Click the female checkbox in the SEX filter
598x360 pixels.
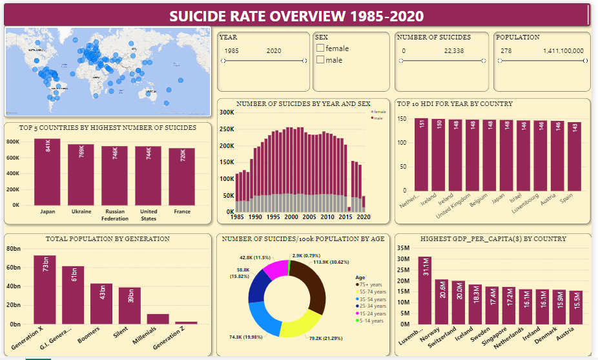pos(320,48)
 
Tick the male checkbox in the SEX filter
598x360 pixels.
pos(320,60)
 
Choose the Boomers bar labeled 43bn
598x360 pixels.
pos(101,303)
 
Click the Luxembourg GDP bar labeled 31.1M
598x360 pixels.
pos(424,290)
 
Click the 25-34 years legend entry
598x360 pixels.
pos(370,306)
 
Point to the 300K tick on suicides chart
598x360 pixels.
pos(226,112)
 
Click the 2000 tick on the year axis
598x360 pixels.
pos(291,217)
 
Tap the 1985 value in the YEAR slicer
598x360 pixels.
pos(232,50)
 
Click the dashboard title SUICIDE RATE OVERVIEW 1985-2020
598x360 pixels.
pos(296,16)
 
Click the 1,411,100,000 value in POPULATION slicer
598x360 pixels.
pos(563,50)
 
